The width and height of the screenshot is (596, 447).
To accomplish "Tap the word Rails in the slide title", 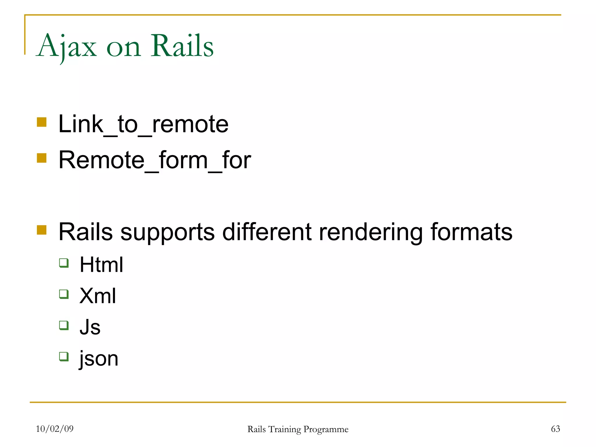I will pyautogui.click(x=182, y=46).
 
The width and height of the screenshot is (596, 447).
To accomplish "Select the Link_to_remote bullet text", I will pyautogui.click(x=143, y=125).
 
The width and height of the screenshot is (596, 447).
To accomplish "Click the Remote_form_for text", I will pyautogui.click(x=155, y=160).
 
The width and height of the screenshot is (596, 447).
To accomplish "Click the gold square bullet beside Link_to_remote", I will pyautogui.click(x=42, y=122).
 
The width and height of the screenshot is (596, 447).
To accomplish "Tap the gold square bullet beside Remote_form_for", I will pyautogui.click(x=42, y=158).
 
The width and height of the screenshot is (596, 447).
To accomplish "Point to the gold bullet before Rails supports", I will pyautogui.click(x=42, y=230).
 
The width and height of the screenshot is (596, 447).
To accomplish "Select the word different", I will pyautogui.click(x=267, y=232).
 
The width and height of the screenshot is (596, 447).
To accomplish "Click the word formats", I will pyautogui.click(x=471, y=232).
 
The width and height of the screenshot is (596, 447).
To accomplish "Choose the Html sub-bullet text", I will pyautogui.click(x=101, y=265).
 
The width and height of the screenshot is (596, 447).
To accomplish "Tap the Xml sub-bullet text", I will pyautogui.click(x=97, y=296).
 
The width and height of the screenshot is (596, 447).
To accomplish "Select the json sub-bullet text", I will pyautogui.click(x=99, y=359).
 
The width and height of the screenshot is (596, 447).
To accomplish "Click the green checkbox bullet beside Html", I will pyautogui.click(x=64, y=263).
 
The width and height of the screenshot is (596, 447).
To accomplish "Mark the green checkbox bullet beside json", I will pyautogui.click(x=64, y=356).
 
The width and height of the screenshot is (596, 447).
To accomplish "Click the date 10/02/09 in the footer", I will pyautogui.click(x=55, y=429).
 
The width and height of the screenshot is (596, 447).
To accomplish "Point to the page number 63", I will pyautogui.click(x=555, y=429).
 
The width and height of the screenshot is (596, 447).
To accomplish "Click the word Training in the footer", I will pyautogui.click(x=284, y=429).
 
